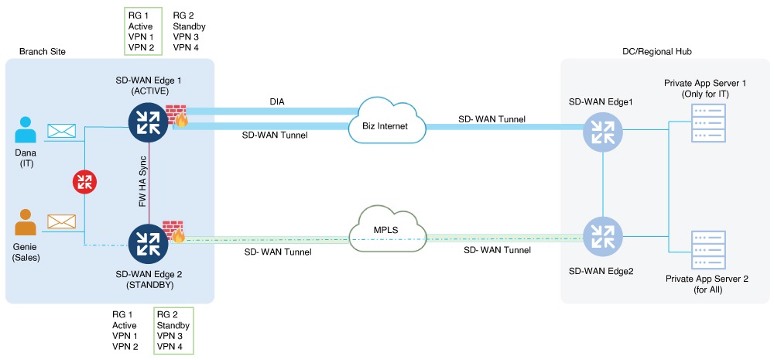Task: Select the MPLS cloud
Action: (x=389, y=229)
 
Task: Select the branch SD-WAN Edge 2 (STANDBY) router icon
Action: (x=149, y=242)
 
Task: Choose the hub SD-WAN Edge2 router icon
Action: (x=602, y=236)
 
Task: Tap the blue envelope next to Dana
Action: (x=62, y=131)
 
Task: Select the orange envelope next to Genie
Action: (x=62, y=222)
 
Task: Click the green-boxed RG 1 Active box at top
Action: (x=142, y=32)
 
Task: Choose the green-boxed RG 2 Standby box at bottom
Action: (x=173, y=331)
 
